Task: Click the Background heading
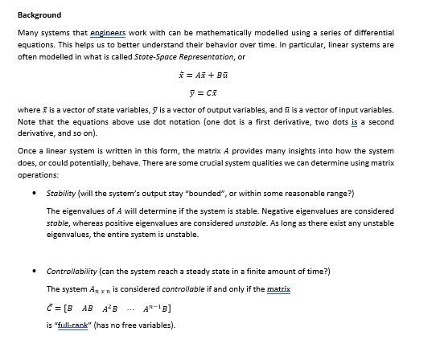[39, 15]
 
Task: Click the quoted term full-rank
[80, 325]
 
